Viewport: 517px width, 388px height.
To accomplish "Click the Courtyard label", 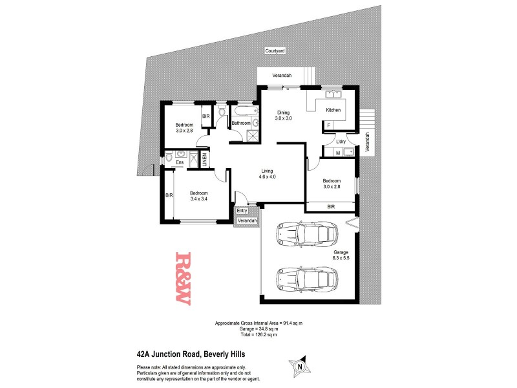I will point(275,50).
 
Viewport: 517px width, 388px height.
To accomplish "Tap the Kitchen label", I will point(333,111).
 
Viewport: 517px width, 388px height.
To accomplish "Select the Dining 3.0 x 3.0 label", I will point(284,116).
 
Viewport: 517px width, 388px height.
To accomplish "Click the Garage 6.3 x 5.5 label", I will point(341,255).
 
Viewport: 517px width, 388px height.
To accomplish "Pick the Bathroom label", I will point(241,123).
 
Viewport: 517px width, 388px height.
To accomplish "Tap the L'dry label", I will point(341,142).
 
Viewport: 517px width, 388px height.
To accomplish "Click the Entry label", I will point(242,210).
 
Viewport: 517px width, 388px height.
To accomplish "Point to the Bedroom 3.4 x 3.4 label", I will point(198,197).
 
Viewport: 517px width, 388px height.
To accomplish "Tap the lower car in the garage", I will point(306,279).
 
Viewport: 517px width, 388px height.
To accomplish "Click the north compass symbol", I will point(299,367).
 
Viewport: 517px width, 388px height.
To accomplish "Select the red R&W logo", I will point(182,278).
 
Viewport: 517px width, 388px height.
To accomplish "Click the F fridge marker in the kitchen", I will point(328,125).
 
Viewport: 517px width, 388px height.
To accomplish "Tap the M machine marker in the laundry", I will point(338,153).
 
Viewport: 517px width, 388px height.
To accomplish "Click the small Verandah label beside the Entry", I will point(248,221).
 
